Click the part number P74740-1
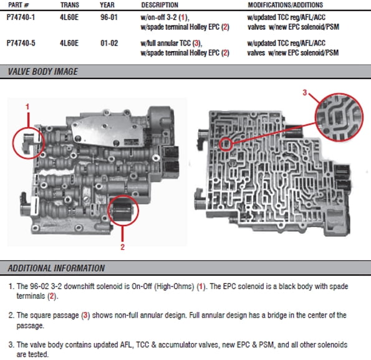21,17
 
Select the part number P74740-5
21,43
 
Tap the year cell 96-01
109,17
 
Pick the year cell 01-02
109,43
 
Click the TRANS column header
70,5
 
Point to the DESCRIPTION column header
160,5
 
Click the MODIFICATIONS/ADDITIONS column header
286,5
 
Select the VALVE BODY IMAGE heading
43,72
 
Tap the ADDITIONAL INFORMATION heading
56,268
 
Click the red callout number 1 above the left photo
27,107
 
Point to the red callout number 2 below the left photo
122,247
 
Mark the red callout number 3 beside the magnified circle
305,92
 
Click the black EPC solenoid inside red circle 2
122,211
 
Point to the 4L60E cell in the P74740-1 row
69,17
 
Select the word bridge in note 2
281,315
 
